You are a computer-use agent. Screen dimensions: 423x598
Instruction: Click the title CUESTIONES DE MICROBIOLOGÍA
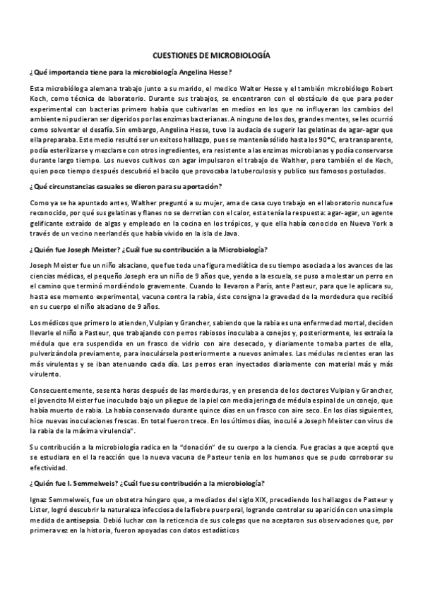(x=211, y=54)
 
